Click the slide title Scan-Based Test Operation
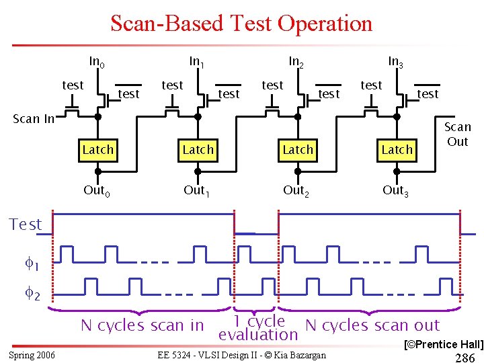[x=241, y=24]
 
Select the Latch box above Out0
[x=98, y=149]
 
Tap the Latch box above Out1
[x=198, y=149]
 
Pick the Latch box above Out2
[x=298, y=149]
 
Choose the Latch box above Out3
[x=397, y=149]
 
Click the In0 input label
[x=97, y=63]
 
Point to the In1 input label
[x=197, y=63]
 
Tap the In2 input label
[x=296, y=63]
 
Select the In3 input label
[x=396, y=63]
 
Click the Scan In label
[x=34, y=119]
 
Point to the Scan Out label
[x=457, y=134]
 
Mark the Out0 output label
[x=97, y=190]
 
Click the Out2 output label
[x=296, y=190]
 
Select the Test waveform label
[x=26, y=225]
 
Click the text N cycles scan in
[x=142, y=326]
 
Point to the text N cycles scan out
[x=372, y=325]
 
